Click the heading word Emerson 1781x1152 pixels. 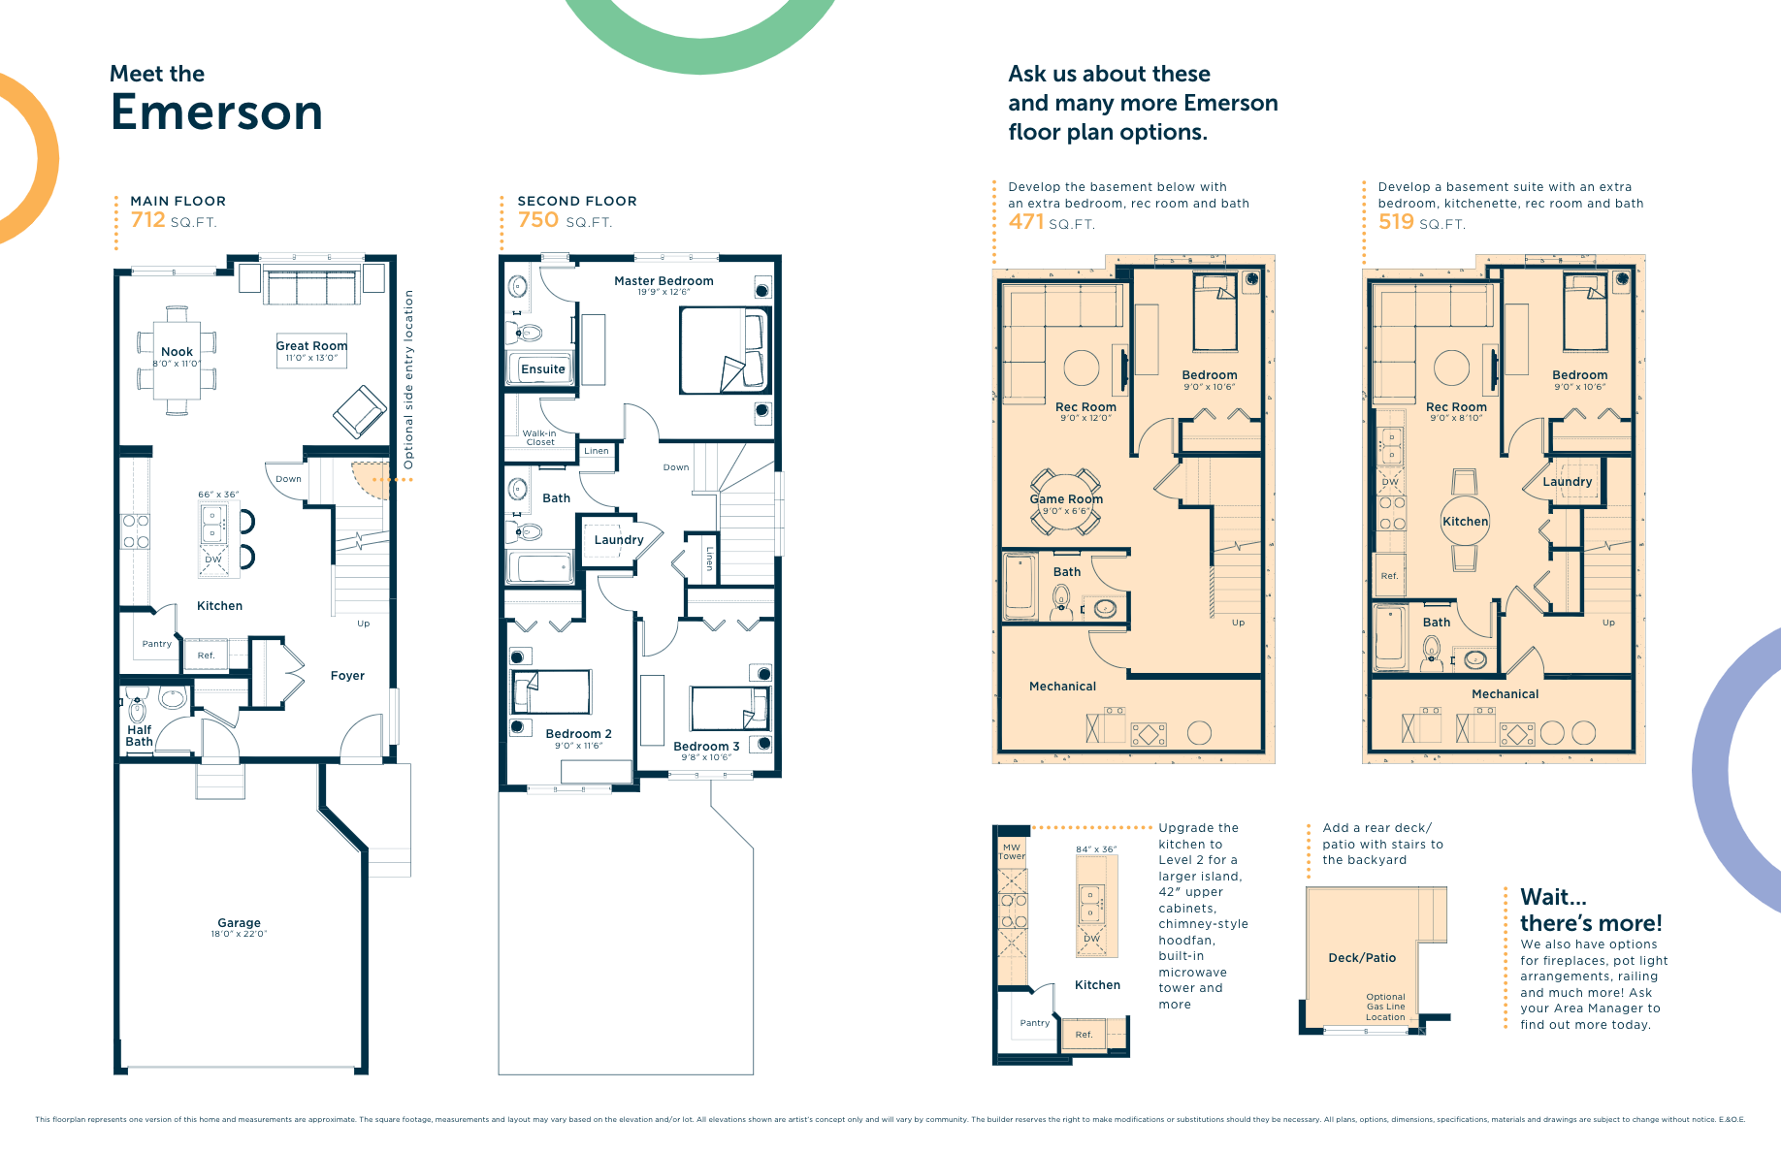coord(216,112)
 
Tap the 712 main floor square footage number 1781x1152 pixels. coord(147,220)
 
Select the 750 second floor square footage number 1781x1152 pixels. coord(537,220)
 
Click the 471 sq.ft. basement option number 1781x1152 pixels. coord(1025,222)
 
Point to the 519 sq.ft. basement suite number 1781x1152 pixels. coord(1396,222)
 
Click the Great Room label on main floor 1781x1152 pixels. coord(311,346)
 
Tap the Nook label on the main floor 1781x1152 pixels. coord(177,352)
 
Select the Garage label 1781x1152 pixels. coord(239,923)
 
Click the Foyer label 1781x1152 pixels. coord(347,676)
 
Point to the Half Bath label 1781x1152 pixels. coord(139,736)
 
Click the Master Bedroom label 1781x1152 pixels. coord(664,281)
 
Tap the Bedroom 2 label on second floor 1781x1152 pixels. coord(578,734)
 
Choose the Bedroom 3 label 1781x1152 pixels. coord(706,747)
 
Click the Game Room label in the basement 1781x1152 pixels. coord(1066,499)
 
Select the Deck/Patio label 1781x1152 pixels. coord(1362,958)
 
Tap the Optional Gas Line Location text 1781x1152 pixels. coord(1385,1007)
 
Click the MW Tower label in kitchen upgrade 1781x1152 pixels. coord(1012,851)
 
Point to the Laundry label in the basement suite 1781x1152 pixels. coord(1568,482)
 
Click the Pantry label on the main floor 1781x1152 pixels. coord(156,644)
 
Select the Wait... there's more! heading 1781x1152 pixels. coord(1590,910)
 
